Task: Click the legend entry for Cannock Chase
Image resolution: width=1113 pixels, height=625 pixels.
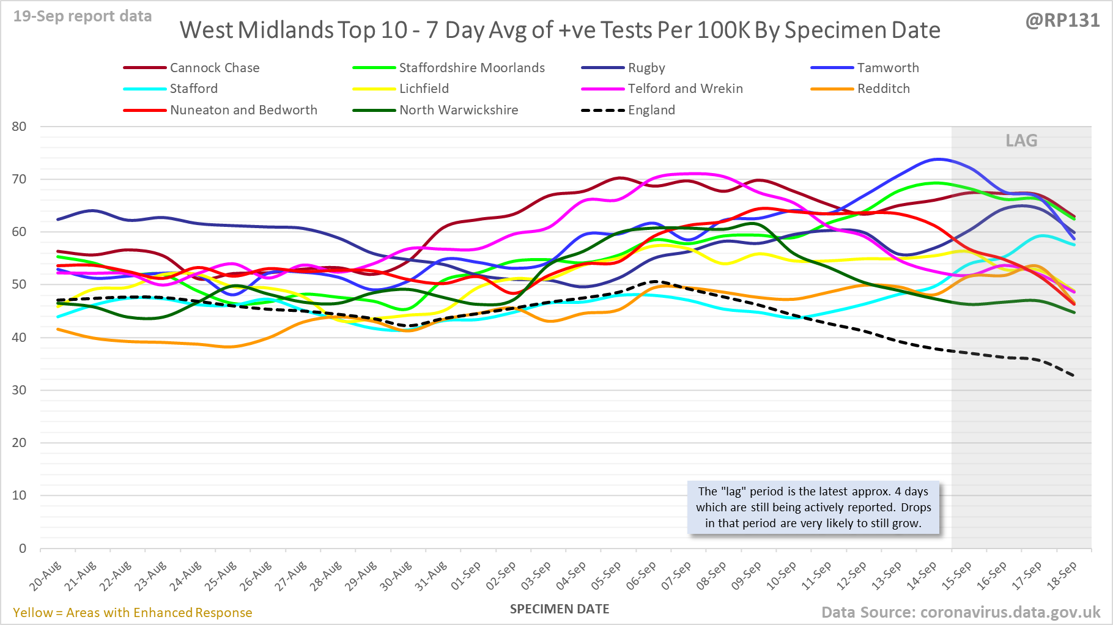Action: (x=214, y=68)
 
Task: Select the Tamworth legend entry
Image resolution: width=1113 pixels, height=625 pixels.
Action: (x=887, y=68)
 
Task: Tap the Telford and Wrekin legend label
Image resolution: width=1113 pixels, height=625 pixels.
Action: (x=685, y=89)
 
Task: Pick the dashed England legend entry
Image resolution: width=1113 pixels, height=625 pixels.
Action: (x=651, y=110)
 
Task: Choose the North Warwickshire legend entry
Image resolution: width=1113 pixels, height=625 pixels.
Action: (x=458, y=110)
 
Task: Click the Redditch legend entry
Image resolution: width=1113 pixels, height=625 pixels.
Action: (x=883, y=89)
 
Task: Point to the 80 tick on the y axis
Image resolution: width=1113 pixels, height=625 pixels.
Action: (x=20, y=127)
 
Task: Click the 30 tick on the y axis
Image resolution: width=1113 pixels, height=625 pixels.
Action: (x=20, y=390)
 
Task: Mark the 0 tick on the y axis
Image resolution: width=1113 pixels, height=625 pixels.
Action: (x=23, y=549)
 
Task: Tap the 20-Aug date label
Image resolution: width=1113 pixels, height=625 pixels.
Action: (x=46, y=575)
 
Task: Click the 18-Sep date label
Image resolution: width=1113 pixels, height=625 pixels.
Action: (x=1062, y=575)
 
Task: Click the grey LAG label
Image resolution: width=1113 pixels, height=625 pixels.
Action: (x=1021, y=141)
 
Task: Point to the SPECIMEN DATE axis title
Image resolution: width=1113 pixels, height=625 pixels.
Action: (x=560, y=609)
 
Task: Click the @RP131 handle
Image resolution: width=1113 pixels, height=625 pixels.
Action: (x=1062, y=21)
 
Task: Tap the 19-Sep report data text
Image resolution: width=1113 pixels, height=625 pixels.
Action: (x=83, y=17)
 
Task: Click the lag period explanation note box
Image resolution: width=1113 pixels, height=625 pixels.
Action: (x=813, y=508)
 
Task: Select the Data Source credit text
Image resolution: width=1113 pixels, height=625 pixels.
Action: (x=960, y=612)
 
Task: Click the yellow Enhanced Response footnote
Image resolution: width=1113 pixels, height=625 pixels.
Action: (x=133, y=613)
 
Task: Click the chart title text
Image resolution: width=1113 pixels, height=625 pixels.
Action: (x=560, y=30)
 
